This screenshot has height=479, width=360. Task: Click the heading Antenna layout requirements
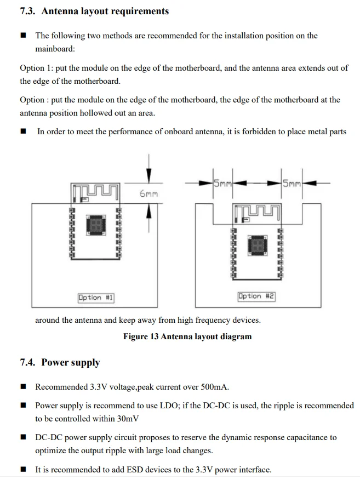(105, 11)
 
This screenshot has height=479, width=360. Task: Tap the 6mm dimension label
(148, 193)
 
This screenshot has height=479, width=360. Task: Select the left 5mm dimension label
(222, 184)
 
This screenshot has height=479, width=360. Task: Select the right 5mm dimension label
(292, 184)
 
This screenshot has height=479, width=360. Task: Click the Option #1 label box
(96, 298)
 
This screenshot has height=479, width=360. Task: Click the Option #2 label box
(256, 296)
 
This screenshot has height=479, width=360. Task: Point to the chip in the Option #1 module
(95, 224)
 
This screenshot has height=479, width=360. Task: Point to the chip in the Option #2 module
(256, 245)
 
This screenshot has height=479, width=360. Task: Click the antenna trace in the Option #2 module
(256, 211)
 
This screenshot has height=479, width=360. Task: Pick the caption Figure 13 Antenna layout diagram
(187, 337)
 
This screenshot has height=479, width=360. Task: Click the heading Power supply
(71, 362)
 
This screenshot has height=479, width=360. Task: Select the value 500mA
(214, 387)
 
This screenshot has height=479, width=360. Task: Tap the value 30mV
(127, 419)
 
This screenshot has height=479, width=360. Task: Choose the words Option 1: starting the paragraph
(36, 68)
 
